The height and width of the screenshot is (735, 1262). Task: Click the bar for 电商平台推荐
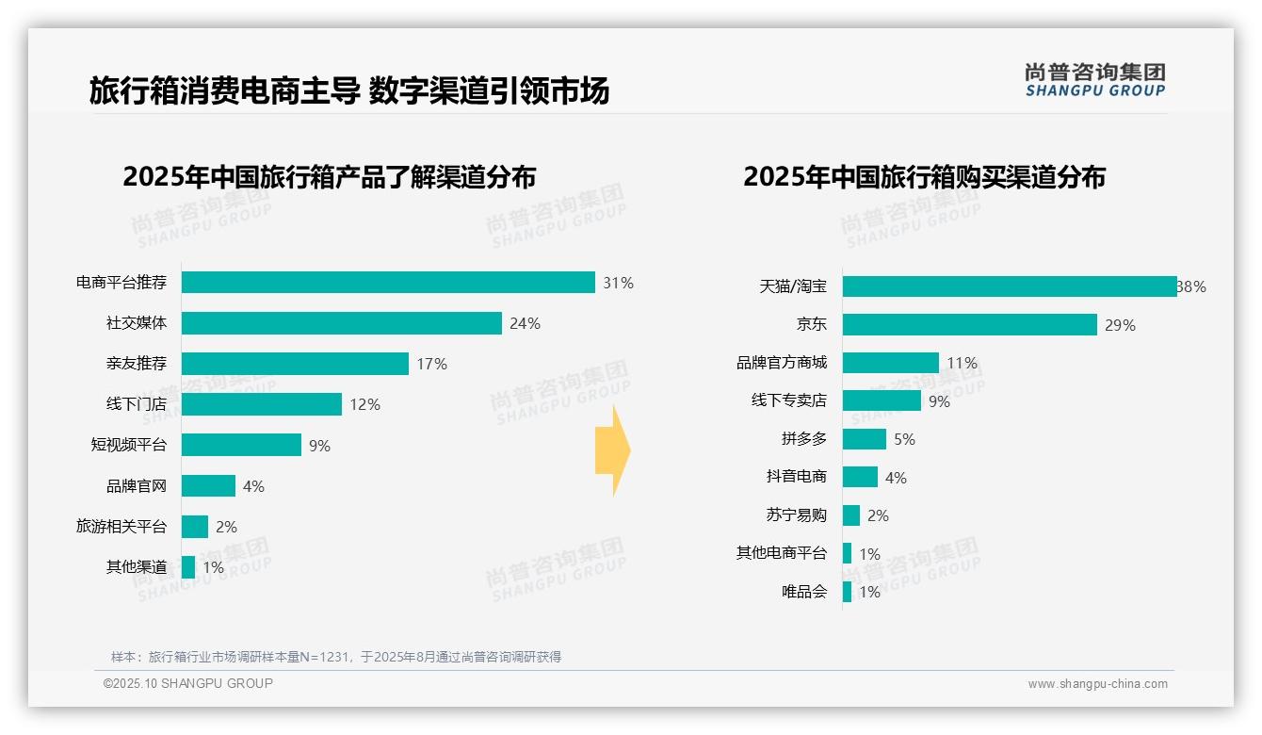point(388,283)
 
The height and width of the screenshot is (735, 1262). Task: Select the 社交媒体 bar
point(341,323)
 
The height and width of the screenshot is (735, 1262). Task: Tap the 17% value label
point(432,364)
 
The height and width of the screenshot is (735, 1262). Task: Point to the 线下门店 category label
point(136,404)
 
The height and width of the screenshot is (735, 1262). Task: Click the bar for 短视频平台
point(241,445)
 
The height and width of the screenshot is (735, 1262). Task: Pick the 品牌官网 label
point(136,486)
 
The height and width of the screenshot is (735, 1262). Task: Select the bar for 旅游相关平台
point(195,527)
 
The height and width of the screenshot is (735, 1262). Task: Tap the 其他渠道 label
point(136,567)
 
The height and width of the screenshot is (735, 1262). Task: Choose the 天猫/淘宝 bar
point(1009,286)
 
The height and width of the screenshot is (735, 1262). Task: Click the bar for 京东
point(969,325)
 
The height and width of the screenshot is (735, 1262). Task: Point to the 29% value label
point(1121,325)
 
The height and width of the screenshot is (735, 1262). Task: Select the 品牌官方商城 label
point(781,363)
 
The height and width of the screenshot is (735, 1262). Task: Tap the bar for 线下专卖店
point(882,400)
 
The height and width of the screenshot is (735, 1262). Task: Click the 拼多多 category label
point(803,439)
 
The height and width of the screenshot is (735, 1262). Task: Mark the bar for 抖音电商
point(860,477)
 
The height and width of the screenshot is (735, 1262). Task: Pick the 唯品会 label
point(803,592)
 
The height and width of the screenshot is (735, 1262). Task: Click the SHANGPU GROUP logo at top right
point(1094,80)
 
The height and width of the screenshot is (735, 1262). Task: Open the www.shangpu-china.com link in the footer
point(1097,684)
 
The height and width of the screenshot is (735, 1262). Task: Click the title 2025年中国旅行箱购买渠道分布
point(924,177)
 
